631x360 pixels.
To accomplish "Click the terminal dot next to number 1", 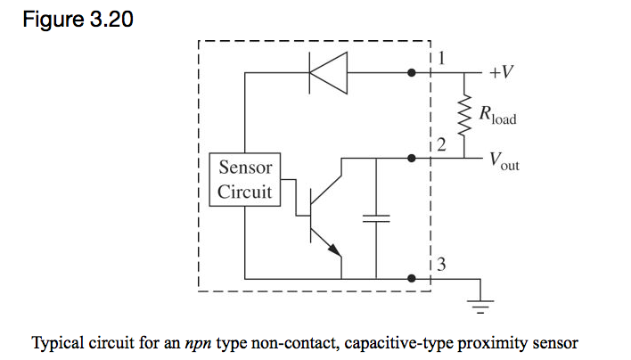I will (x=411, y=73).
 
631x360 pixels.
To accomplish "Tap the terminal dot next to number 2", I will (x=411, y=159).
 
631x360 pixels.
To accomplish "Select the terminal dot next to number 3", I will (x=411, y=278).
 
